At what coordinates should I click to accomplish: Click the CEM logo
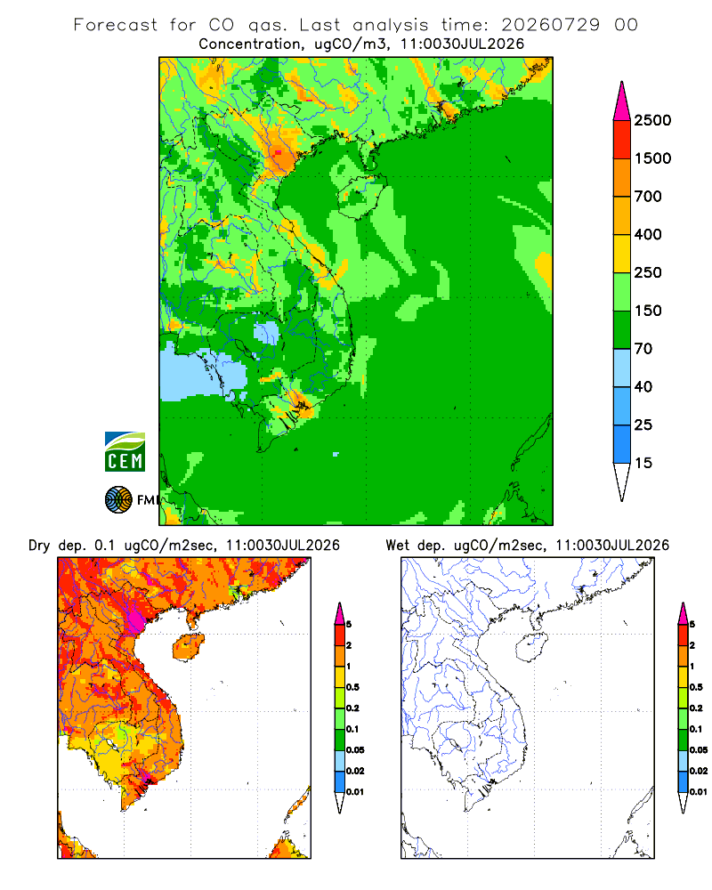pos(125,452)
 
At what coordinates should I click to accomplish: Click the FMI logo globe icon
pos(118,500)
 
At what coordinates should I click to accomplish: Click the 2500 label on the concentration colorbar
pos(652,120)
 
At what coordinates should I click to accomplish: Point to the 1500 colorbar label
pos(652,158)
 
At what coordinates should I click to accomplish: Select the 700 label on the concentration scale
pos(648,197)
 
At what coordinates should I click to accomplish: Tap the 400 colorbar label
pos(648,234)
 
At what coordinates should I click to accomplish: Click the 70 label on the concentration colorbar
pos(643,349)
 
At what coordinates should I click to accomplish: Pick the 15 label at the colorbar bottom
pos(643,463)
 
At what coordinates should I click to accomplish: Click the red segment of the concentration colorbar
pos(622,140)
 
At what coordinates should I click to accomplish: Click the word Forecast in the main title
pos(116,25)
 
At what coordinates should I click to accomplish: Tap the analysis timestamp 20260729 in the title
pos(550,25)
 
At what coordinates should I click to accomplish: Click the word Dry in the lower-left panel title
pos(39,546)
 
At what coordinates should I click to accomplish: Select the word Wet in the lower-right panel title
pos(398,546)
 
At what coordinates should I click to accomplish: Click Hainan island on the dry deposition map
pos(189,647)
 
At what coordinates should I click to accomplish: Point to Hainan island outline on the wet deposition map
pos(517,648)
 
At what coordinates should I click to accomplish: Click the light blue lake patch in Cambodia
pos(266,334)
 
